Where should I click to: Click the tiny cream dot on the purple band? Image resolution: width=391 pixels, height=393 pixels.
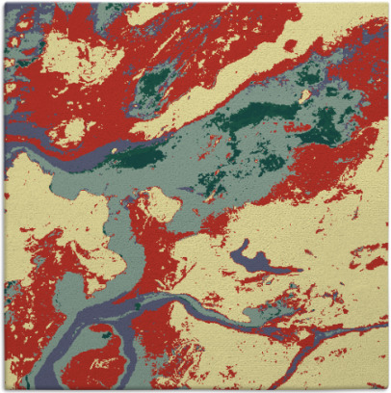116,150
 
